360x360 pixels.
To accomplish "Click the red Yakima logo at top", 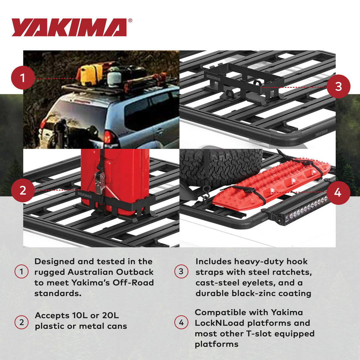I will (x=69, y=27).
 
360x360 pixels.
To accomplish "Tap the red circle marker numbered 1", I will (x=22, y=78).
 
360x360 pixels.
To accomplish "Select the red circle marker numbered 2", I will (x=22, y=190).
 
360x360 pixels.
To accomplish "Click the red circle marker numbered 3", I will (x=338, y=86).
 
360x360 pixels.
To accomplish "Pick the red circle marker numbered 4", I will (x=338, y=193).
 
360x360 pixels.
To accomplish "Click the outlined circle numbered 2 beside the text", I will (x=21, y=323).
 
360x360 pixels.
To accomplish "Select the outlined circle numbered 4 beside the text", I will (x=181, y=323).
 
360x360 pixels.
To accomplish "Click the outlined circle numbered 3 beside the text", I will (x=181, y=272).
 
